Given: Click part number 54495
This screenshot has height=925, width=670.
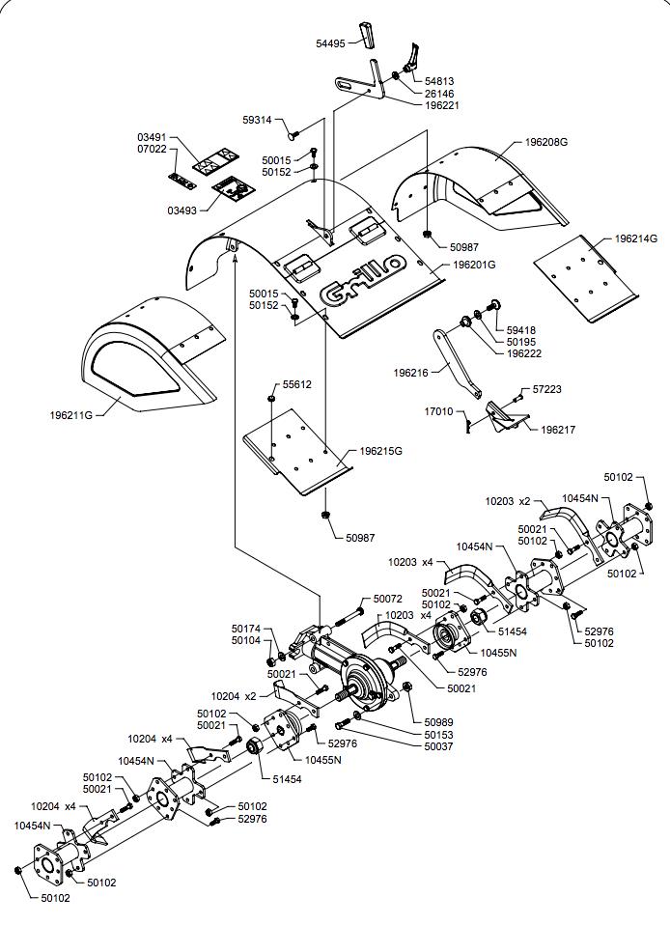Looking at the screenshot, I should pos(330,43).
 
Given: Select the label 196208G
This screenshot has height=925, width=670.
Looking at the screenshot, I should pos(546,142).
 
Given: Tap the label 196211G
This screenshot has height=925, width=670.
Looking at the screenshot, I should pos(71,416).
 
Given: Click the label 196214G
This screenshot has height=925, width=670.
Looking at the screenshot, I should pos(635,238).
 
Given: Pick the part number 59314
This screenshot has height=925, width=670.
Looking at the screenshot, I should pos(260,121).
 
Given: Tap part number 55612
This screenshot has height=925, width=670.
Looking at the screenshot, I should pos(296,384).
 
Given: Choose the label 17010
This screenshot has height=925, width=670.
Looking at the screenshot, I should pos(439,411).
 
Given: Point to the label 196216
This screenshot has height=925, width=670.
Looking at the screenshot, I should pos(412,372).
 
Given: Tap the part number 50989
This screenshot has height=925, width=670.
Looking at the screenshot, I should pos(438,722).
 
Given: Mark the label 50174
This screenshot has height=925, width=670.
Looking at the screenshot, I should pos(245,629).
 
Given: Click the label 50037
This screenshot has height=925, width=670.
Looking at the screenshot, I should pos(438,747).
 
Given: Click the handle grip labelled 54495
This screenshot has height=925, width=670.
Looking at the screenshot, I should pos(368,33).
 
